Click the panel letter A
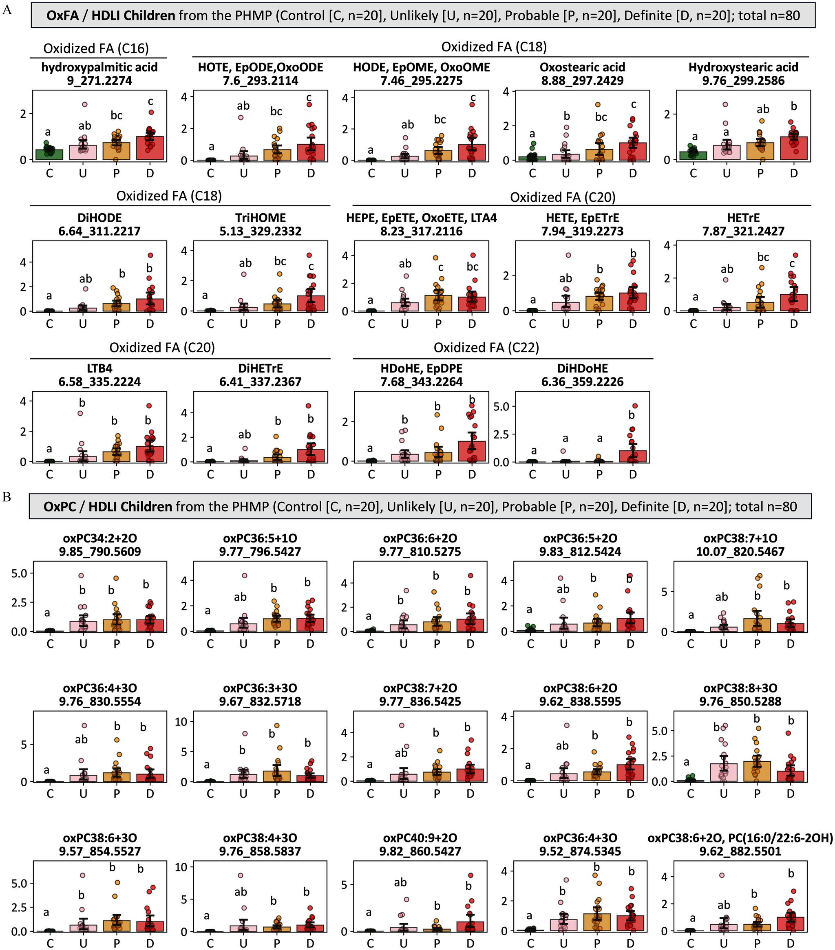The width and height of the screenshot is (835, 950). [7, 10]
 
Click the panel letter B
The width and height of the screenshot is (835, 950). [7, 497]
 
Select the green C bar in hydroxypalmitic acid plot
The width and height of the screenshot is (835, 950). [49, 154]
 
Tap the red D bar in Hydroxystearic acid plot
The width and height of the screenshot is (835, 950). [794, 149]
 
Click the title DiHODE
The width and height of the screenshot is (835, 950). [99, 218]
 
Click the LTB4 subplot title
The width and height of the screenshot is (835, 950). [99, 368]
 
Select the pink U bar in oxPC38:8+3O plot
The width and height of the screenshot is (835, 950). [723, 772]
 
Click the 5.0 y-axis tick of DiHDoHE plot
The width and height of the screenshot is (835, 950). [503, 406]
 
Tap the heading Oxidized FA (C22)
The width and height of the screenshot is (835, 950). [486, 348]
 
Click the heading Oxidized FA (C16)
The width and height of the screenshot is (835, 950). [96, 48]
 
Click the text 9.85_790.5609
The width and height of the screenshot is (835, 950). [99, 552]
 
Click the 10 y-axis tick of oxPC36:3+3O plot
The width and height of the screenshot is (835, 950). [181, 721]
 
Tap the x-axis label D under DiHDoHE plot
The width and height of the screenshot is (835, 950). [632, 474]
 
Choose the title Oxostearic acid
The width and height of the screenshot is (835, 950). [582, 67]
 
